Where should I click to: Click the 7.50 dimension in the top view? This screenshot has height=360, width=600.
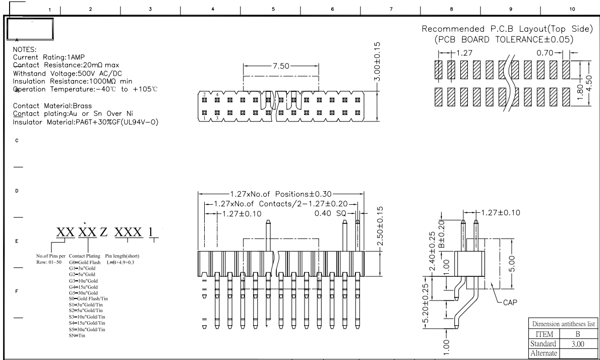pyautogui.click(x=281, y=67)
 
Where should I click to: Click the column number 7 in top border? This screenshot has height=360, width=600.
pyautogui.click(x=391, y=9)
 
